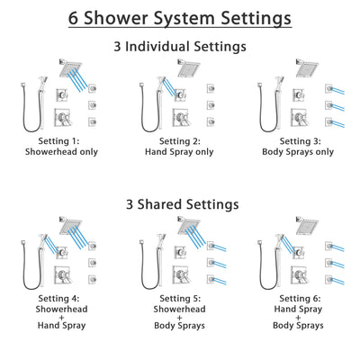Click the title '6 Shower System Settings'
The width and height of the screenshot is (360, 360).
pyautogui.click(x=180, y=19)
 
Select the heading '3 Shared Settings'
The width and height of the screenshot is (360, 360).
pyautogui.click(x=180, y=203)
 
